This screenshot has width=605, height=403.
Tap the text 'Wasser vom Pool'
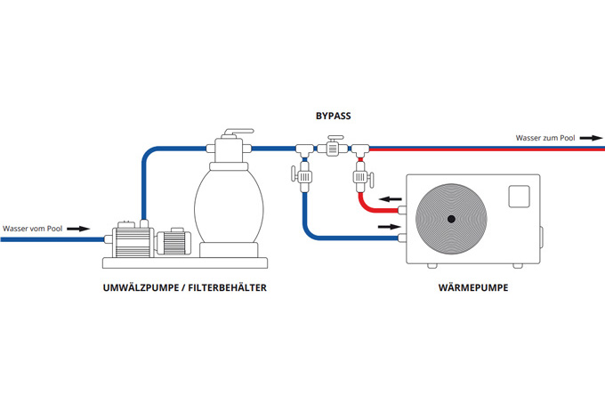tap(31, 229)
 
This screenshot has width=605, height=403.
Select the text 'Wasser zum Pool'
tap(544, 137)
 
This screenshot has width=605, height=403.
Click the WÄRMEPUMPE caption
tap(472, 287)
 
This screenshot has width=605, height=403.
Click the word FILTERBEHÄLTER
tap(226, 287)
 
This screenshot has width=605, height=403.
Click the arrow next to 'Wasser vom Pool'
tap(79, 229)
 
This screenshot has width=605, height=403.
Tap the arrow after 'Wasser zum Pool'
tap(593, 137)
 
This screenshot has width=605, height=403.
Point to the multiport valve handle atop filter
tap(229, 134)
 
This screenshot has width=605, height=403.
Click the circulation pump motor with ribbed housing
tap(130, 239)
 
